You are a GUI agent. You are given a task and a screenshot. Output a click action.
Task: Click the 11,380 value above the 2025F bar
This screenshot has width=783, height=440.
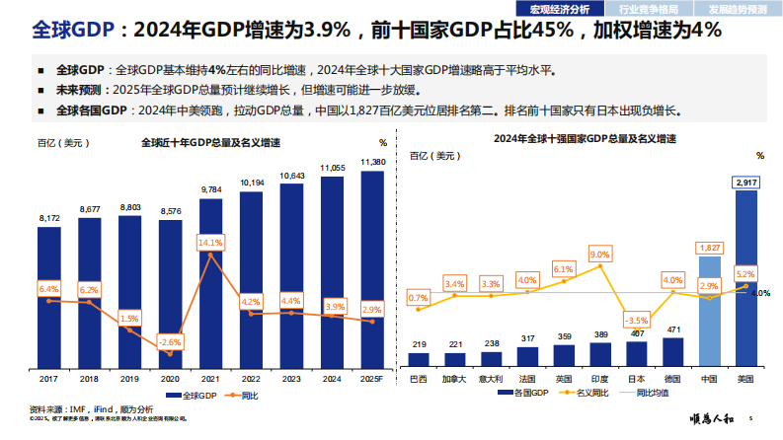(x=372, y=161)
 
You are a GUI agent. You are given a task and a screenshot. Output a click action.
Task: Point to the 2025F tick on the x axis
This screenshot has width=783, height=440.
(x=372, y=379)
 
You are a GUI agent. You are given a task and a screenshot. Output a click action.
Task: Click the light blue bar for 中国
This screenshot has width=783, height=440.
(x=710, y=311)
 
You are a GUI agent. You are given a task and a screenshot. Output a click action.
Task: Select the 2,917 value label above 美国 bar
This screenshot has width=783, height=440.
(x=746, y=183)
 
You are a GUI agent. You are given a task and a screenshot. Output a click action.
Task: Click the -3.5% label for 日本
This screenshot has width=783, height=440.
(x=636, y=321)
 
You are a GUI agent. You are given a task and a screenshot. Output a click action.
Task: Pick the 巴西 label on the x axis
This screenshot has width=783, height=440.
(x=419, y=379)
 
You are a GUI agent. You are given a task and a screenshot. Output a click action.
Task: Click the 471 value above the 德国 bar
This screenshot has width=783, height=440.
(x=673, y=330)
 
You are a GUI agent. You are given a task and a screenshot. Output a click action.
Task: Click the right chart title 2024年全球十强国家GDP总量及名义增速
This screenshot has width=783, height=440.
(x=585, y=139)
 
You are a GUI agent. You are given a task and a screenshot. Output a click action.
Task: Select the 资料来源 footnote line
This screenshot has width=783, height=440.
(x=91, y=408)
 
